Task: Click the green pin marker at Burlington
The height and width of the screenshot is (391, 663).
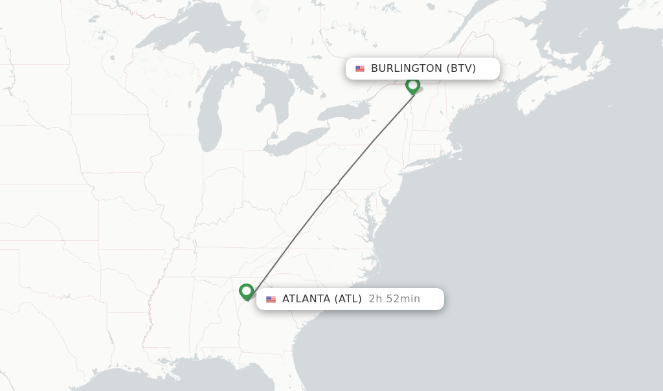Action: [412, 85]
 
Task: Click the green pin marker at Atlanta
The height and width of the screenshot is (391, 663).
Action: [246, 291]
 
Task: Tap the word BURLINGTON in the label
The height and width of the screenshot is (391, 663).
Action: [406, 69]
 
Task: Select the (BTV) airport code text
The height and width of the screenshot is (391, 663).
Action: [461, 69]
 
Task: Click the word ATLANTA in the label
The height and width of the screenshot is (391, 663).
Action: [306, 299]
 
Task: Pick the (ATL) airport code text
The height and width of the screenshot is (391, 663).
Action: [348, 299]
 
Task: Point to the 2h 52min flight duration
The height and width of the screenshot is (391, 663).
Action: [394, 299]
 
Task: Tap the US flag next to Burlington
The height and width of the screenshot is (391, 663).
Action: [360, 69]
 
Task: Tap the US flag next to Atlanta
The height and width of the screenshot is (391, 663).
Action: [271, 299]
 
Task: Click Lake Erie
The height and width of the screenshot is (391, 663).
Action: [298, 142]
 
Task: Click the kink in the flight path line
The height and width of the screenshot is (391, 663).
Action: [334, 188]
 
